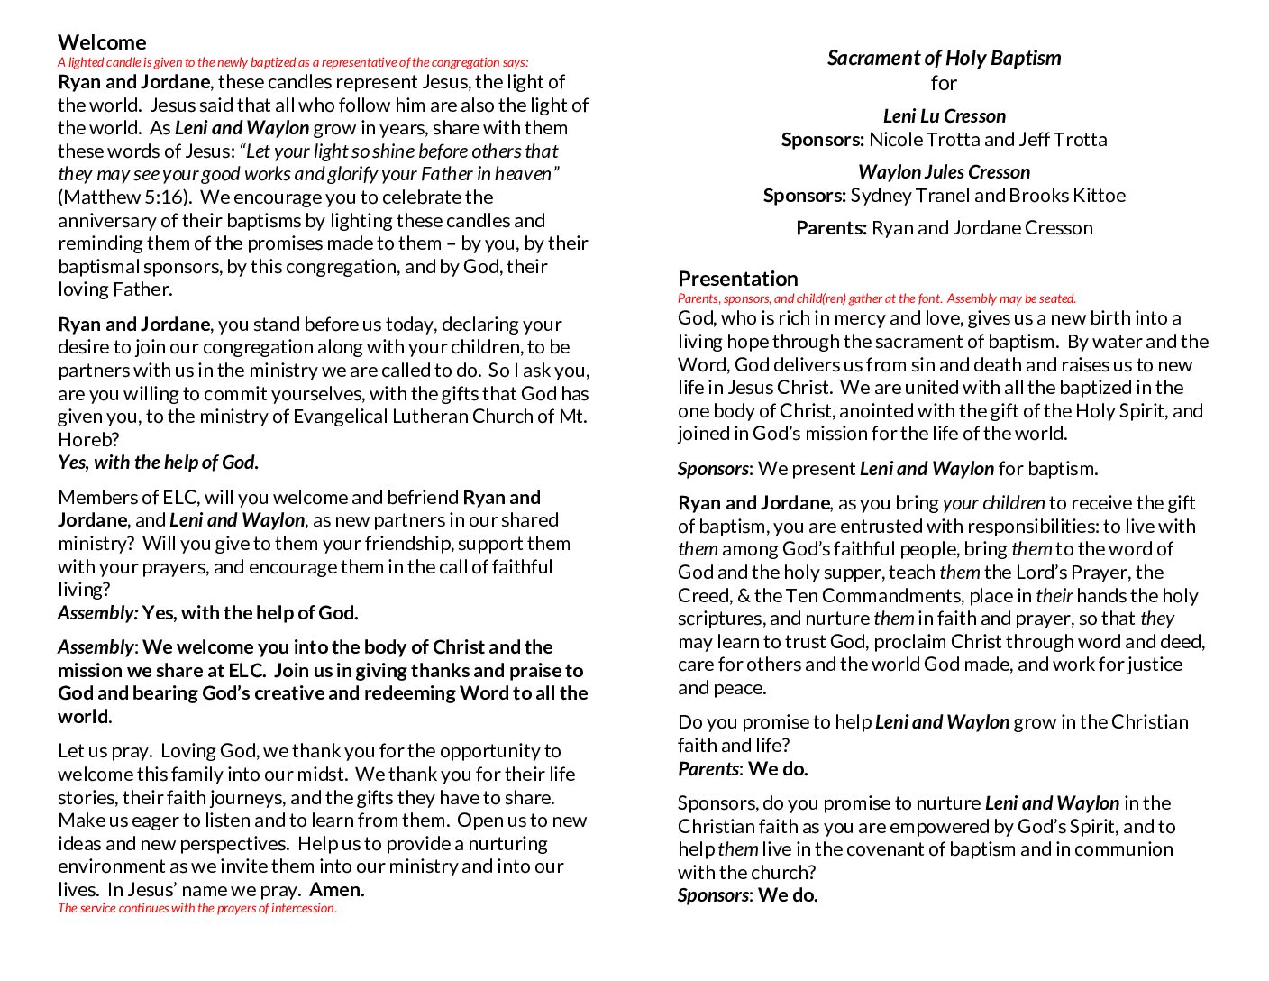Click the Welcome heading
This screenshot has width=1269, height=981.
point(102,42)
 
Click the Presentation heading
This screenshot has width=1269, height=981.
point(737,279)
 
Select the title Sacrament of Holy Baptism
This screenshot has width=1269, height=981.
point(944,58)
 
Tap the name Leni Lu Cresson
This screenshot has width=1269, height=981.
point(944,116)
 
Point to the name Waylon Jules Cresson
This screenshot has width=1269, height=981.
point(944,172)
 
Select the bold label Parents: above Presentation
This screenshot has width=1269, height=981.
point(831,228)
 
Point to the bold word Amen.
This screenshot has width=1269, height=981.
point(337,890)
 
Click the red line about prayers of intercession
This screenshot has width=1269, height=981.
point(197,908)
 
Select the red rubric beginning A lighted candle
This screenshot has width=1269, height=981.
point(293,62)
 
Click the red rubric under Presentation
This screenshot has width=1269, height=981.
point(876,298)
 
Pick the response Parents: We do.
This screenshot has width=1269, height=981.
point(743,769)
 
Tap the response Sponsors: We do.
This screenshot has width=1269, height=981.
point(747,895)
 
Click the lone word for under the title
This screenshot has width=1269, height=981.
point(944,84)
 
